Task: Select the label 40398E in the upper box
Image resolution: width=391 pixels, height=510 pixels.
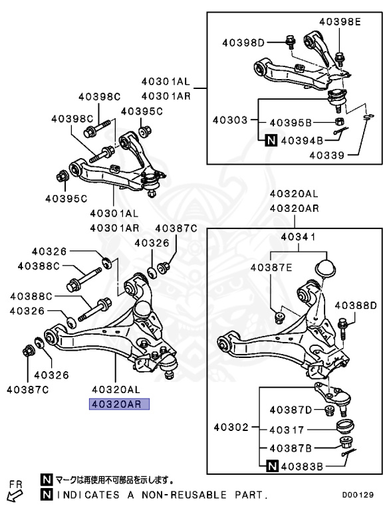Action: pos(339,22)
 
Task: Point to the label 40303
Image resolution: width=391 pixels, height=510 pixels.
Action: pos(230,121)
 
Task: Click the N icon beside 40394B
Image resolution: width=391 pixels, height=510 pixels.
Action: pos(271,140)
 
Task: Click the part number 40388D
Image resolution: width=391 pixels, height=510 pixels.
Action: pos(356,305)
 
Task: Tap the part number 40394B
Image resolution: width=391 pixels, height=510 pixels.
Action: pos(302,140)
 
